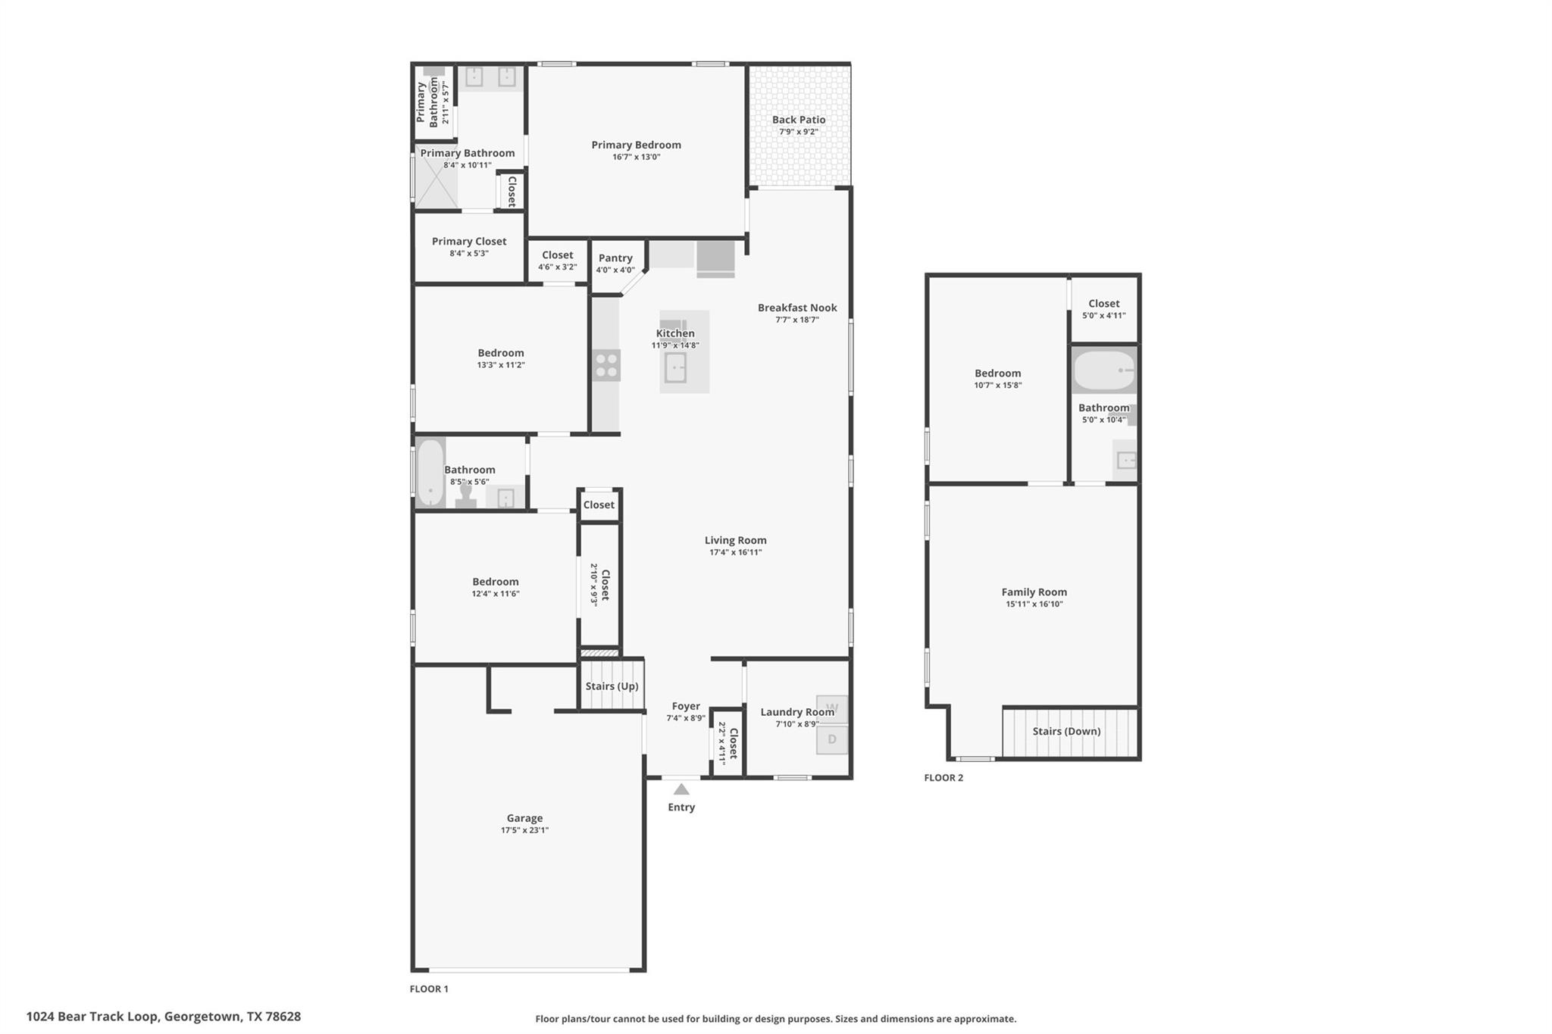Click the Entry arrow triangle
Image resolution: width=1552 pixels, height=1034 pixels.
[x=681, y=789]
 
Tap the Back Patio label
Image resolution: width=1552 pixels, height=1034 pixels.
[x=799, y=120]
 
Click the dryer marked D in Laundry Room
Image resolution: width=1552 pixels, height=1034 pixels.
[x=832, y=739]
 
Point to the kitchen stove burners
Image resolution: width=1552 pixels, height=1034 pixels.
[x=606, y=365]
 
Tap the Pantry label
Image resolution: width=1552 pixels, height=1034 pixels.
[x=615, y=258]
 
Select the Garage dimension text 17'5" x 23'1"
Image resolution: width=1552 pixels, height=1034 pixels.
[x=524, y=830]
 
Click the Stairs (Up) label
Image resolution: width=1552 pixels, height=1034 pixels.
[x=612, y=686]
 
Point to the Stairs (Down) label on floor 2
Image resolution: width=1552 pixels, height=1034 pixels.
[x=1066, y=732]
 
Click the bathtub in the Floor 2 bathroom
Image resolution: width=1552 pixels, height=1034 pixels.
[x=1103, y=370]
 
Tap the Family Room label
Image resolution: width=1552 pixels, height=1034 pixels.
[x=1034, y=592]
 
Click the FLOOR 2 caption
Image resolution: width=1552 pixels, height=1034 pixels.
[x=943, y=778]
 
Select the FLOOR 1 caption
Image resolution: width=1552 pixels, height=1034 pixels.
[x=429, y=989]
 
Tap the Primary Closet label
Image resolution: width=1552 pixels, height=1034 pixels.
[x=469, y=242]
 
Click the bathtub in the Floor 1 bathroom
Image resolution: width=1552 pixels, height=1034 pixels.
[x=430, y=473]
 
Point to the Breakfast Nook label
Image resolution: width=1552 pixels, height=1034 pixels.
[x=797, y=308]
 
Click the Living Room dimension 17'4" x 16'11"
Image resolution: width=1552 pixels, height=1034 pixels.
[x=735, y=552]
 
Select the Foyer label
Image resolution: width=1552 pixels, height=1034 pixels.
[x=686, y=706]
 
